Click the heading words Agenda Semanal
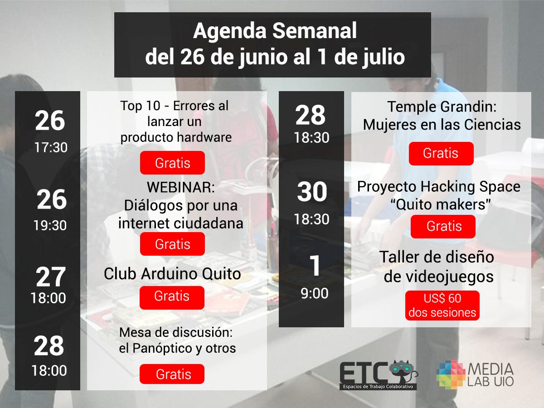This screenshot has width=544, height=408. (275, 31)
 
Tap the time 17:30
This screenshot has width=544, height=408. (51, 147)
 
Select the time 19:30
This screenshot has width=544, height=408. (50, 225)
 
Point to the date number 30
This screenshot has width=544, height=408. (312, 191)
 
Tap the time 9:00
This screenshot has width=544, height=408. (315, 294)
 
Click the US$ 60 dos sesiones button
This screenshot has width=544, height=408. (442, 306)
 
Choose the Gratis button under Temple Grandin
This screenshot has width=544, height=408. (441, 154)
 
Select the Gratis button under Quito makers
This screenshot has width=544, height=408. (443, 227)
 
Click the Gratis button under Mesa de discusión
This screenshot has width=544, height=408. (172, 374)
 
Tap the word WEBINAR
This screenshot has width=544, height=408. (181, 187)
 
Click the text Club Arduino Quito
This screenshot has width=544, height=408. (172, 274)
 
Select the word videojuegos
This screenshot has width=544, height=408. (438, 277)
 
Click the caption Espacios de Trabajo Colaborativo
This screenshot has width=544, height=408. (378, 387)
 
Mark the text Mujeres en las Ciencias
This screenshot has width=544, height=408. (442, 125)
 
